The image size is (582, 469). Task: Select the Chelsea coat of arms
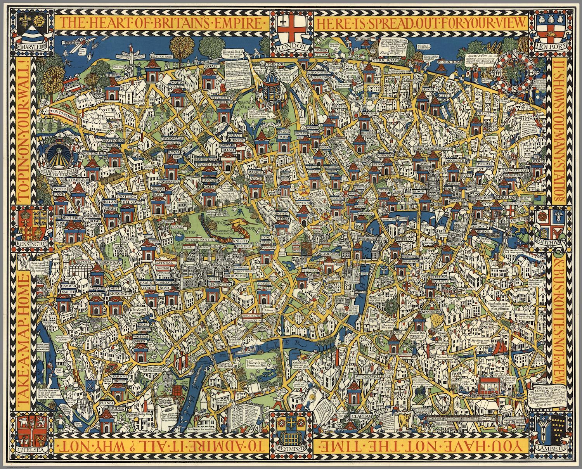[29, 427]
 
